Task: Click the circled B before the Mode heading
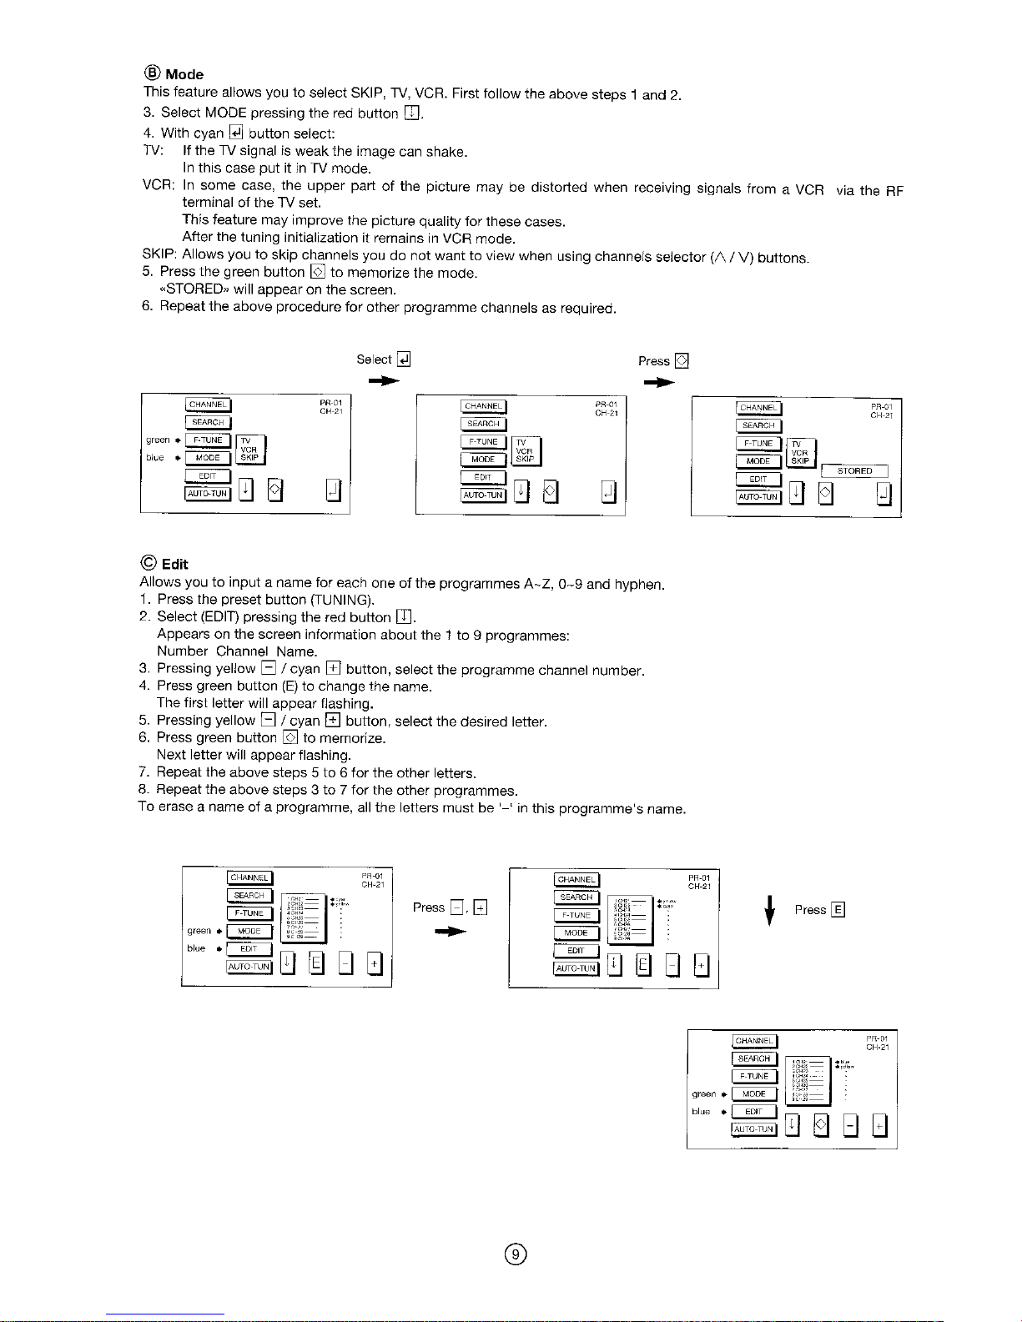tap(154, 73)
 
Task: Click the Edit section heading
tap(174, 564)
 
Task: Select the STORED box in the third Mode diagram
tap(854, 471)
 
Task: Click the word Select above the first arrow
tap(374, 359)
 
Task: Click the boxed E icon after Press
tap(838, 910)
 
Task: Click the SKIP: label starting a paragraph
tap(159, 254)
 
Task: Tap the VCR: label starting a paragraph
tap(159, 184)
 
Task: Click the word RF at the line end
tap(894, 191)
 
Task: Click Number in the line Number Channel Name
tap(183, 651)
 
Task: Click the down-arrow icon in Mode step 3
tap(410, 113)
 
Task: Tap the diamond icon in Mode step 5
tap(317, 272)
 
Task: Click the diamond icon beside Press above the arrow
tap(681, 360)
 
